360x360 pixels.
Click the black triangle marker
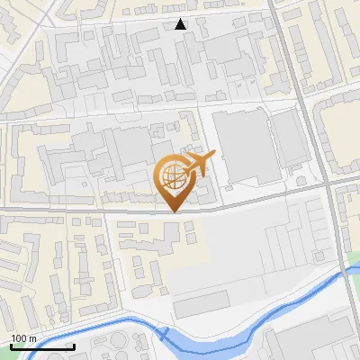[x=181, y=24]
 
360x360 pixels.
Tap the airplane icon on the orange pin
[x=197, y=166]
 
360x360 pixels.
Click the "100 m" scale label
[x=23, y=338]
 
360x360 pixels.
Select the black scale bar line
[x=42, y=346]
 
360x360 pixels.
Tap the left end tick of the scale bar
[x=11, y=345]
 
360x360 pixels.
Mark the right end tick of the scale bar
[x=74, y=345]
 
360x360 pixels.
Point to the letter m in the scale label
[x=32, y=338]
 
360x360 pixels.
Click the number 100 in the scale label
[x=19, y=338]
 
